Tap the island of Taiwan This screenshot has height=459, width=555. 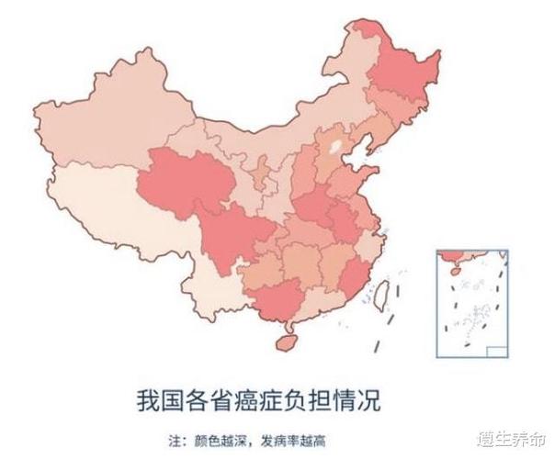point(386,293)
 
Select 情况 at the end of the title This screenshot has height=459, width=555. point(358,401)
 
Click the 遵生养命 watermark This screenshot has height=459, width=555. point(518,440)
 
